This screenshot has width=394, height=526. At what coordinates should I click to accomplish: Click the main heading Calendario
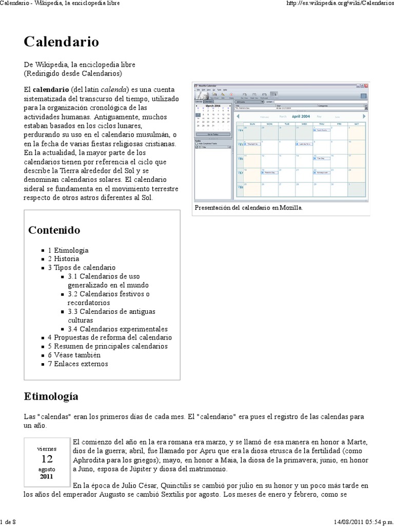click(x=61, y=41)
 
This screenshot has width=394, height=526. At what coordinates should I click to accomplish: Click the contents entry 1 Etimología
click(x=68, y=250)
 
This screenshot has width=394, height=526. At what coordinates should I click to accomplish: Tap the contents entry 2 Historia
click(x=64, y=259)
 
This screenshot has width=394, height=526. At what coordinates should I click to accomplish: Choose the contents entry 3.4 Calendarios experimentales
click(x=117, y=329)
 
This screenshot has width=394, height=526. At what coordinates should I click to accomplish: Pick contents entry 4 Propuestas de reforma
click(x=110, y=337)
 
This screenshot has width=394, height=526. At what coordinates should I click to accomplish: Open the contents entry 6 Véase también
click(x=74, y=355)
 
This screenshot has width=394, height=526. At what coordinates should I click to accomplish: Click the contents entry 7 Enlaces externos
click(x=78, y=364)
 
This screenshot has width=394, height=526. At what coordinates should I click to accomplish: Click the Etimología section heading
click(x=51, y=396)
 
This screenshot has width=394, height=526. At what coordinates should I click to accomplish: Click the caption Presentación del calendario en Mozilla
click(x=249, y=208)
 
